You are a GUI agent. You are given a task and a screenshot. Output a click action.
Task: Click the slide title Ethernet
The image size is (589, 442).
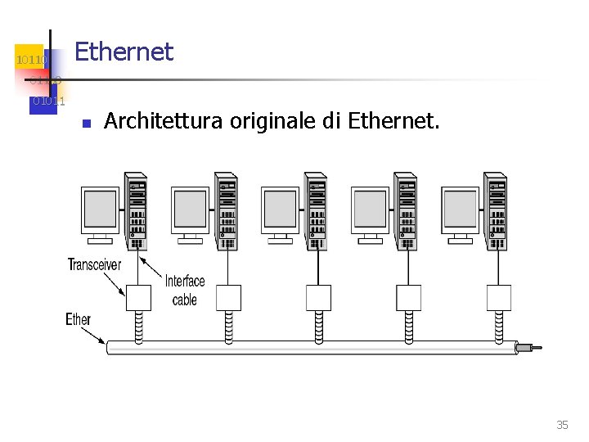pyautogui.click(x=124, y=52)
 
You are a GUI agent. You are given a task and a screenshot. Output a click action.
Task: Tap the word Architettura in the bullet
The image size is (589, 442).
pyautogui.click(x=163, y=123)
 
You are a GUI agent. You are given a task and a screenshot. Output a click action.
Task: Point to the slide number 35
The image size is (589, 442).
pyautogui.click(x=562, y=425)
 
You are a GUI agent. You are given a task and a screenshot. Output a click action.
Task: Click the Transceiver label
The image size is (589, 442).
pyautogui.click(x=94, y=264)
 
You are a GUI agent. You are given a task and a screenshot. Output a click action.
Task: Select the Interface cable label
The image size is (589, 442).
pyautogui.click(x=185, y=291)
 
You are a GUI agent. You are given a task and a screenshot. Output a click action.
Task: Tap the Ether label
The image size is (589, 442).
pyautogui.click(x=79, y=319)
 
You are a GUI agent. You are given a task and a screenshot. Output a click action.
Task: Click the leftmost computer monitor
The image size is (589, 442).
pyautogui.click(x=101, y=209)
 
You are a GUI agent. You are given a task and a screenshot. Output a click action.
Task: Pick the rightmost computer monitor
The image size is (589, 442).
pyautogui.click(x=460, y=209)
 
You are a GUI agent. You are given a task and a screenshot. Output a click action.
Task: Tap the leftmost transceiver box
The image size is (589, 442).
pyautogui.click(x=138, y=297)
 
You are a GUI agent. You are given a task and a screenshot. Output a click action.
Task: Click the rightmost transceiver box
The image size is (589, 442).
pyautogui.click(x=498, y=297)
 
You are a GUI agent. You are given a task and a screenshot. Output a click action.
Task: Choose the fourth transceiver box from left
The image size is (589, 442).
pyautogui.click(x=408, y=297)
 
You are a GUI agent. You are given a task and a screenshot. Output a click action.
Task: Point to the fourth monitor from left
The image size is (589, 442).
pyautogui.click(x=370, y=209)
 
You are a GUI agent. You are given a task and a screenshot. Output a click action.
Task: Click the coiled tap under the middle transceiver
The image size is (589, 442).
pyautogui.click(x=318, y=325)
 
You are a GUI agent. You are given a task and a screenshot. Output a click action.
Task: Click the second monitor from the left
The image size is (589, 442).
pyautogui.click(x=191, y=209)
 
